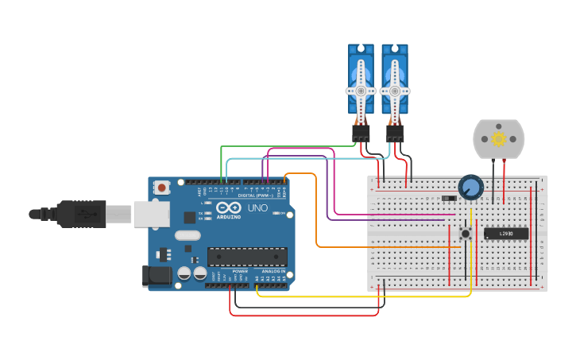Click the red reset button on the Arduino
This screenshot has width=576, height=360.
(x=162, y=188)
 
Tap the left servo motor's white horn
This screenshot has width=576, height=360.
(x=361, y=90)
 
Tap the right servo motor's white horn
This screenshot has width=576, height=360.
(x=394, y=90)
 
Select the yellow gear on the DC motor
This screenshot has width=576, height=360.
(x=499, y=139)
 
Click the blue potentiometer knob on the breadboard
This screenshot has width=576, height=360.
(x=470, y=187)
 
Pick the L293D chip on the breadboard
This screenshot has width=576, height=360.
(x=506, y=233)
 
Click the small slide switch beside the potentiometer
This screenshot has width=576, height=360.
(x=449, y=198)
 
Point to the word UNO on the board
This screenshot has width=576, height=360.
(x=258, y=207)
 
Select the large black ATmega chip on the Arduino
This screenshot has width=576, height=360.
(x=247, y=257)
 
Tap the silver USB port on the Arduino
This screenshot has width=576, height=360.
(x=150, y=214)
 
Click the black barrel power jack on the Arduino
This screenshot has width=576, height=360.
(x=157, y=276)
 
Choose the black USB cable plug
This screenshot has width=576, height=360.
(x=79, y=214)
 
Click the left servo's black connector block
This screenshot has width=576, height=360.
(x=361, y=133)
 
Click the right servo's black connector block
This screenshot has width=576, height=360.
(x=395, y=133)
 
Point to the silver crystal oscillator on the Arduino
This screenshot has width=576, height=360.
(x=187, y=235)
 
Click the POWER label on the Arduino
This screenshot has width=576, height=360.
(x=240, y=271)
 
